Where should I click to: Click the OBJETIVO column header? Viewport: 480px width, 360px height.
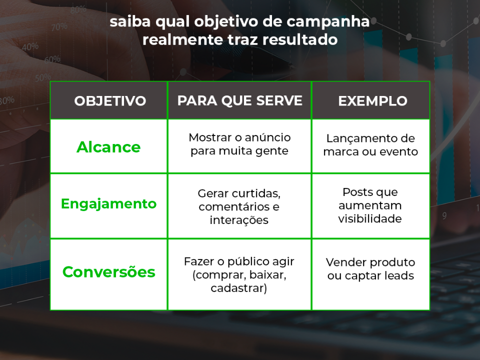point(110,101)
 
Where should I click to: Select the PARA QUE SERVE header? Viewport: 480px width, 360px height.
point(239,100)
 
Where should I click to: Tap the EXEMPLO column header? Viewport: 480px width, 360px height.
point(372,101)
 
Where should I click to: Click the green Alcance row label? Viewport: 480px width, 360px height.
point(108,147)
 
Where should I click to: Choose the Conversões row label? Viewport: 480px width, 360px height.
point(108,272)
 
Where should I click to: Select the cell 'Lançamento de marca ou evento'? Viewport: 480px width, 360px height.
point(370,145)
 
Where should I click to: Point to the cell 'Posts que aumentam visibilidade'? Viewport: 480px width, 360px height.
point(370,205)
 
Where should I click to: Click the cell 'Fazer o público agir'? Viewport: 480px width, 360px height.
point(239,274)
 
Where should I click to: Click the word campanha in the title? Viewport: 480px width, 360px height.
point(328,22)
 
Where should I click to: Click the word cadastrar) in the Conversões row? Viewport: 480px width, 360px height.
point(239,288)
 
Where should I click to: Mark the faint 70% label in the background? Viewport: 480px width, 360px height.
point(59,27)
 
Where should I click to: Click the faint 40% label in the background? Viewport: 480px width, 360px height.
point(30,47)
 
